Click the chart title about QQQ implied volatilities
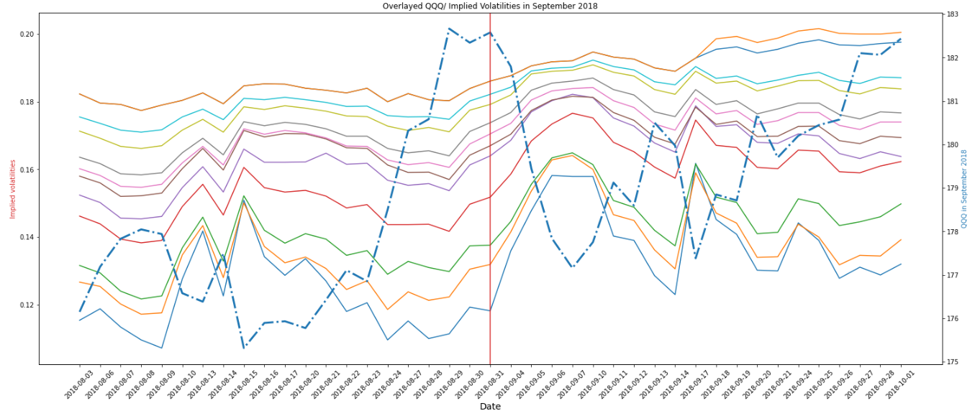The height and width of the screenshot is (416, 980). pos(489,6)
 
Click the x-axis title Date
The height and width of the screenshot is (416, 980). pos(490,407)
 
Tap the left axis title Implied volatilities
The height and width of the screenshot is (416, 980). pos(12,189)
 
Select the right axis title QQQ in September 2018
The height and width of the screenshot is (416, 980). pos(964,189)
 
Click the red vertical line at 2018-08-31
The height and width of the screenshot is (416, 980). pos(490,216)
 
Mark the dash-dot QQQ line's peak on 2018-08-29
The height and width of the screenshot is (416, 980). pos(449,29)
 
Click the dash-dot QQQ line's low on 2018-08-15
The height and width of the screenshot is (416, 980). pos(244,348)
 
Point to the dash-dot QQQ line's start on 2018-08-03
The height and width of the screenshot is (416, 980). pos(79,311)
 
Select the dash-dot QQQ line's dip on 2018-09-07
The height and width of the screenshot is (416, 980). pos(572,267)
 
